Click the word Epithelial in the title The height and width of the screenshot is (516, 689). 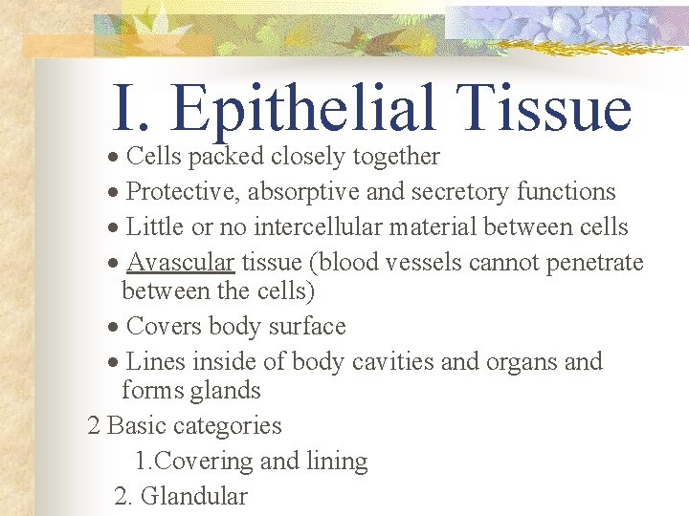305,110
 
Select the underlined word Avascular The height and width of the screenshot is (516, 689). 181,263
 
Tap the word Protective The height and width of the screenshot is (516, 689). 183,192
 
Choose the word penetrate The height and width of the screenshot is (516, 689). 596,263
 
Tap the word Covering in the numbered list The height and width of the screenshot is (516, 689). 204,462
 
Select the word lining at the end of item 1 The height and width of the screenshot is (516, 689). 336,462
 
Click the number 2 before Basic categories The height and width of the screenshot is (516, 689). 94,426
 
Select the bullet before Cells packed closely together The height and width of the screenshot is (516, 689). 113,158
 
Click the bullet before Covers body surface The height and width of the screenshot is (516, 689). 113,328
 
